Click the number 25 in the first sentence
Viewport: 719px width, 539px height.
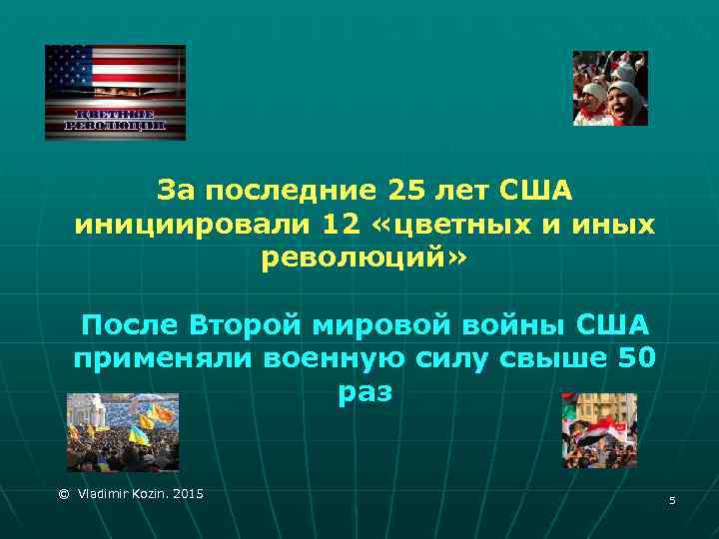403,189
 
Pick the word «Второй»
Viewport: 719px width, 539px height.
252,324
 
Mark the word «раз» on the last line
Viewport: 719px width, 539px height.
364,393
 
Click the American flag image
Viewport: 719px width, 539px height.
115,92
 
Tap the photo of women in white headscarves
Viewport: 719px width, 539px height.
609,88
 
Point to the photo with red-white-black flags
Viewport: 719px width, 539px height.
598,431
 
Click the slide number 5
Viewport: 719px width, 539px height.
672,499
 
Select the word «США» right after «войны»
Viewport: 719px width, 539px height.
611,324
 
